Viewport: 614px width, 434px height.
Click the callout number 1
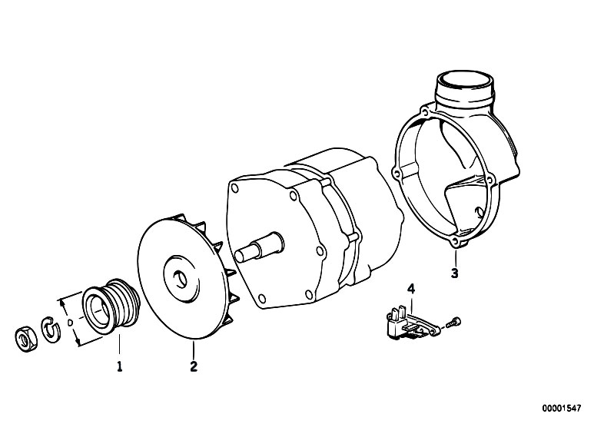pyautogui.click(x=120, y=366)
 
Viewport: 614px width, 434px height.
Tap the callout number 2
pyautogui.click(x=194, y=366)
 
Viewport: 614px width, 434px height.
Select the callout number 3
pyautogui.click(x=454, y=273)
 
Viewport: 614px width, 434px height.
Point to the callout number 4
pyautogui.click(x=411, y=289)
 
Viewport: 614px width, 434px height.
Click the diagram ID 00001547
pyautogui.click(x=562, y=409)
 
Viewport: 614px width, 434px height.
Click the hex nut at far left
pyautogui.click(x=26, y=338)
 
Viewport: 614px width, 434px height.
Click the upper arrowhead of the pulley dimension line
pyautogui.click(x=61, y=302)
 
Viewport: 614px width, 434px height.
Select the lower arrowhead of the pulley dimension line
pyautogui.click(x=79, y=343)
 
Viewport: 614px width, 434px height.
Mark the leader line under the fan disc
pyautogui.click(x=194, y=350)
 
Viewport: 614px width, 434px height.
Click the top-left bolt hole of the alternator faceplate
pyautogui.click(x=235, y=188)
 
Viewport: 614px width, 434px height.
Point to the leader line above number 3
pyautogui.click(x=456, y=257)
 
